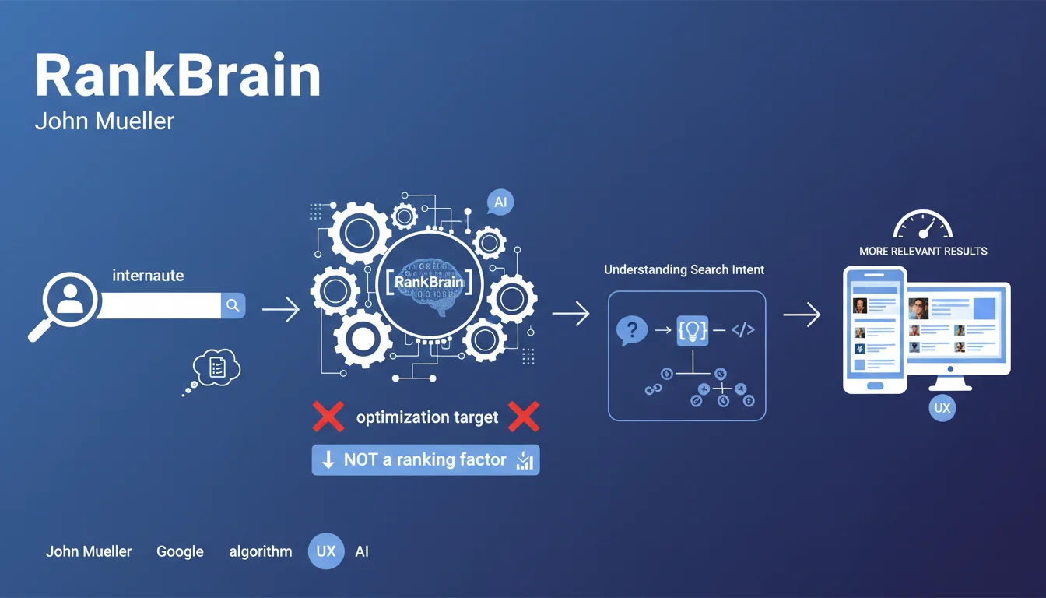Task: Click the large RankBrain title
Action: (x=178, y=75)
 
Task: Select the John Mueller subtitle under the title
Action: (x=104, y=121)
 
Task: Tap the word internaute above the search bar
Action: (x=148, y=275)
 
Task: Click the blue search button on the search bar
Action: (x=233, y=305)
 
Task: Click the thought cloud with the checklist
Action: (x=216, y=368)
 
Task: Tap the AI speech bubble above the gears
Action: (x=500, y=202)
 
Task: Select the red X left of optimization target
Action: (x=328, y=417)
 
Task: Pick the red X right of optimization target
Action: (x=524, y=417)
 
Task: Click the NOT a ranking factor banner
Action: (x=426, y=459)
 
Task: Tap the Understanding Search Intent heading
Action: (x=684, y=269)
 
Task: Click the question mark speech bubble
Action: (x=632, y=330)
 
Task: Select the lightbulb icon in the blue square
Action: (x=692, y=330)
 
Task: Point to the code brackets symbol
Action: (x=743, y=330)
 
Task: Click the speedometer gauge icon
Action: (x=923, y=224)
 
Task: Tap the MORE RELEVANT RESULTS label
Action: (x=923, y=252)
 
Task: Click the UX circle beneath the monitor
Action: (x=942, y=408)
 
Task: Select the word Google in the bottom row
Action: (x=180, y=552)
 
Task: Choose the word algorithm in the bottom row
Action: (x=261, y=552)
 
